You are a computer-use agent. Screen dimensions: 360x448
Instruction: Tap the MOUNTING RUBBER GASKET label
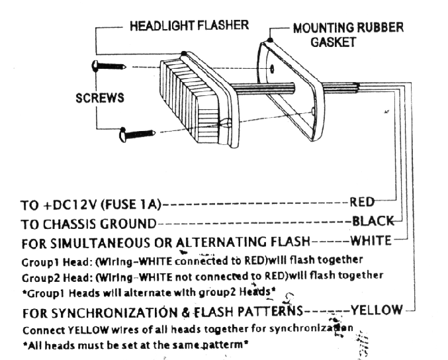tap(348, 35)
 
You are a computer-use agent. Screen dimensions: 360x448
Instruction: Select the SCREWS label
tap(100, 98)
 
